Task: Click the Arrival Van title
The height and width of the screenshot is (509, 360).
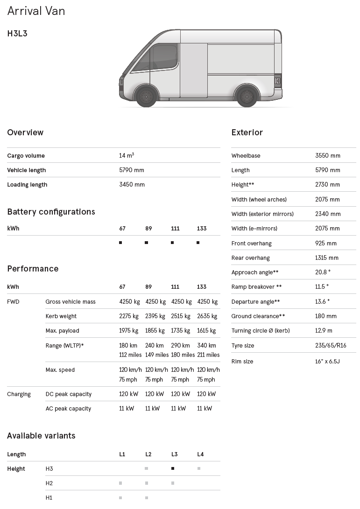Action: (x=36, y=11)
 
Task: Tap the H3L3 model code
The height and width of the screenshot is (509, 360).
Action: (x=17, y=34)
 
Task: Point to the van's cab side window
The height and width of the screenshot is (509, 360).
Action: (x=155, y=58)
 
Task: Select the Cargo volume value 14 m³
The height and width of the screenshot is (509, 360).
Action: (x=127, y=156)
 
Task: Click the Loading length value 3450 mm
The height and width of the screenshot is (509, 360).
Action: (x=132, y=185)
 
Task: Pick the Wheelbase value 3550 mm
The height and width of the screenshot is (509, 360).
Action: (x=327, y=156)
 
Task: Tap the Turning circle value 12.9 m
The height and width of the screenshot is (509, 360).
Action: (x=324, y=331)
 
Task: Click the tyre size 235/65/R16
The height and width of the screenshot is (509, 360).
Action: (x=331, y=346)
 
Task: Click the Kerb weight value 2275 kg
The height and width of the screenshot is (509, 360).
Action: (x=129, y=316)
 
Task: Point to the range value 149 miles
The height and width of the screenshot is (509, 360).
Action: (x=157, y=355)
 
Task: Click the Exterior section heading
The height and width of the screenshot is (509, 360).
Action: (x=247, y=132)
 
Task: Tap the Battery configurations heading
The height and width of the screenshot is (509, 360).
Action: (x=51, y=212)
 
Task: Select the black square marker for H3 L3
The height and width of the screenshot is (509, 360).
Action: (x=173, y=468)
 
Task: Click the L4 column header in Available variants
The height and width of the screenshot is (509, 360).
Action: (x=200, y=454)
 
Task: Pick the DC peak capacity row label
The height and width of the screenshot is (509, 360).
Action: (x=68, y=394)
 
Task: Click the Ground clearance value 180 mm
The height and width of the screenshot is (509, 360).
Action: (x=326, y=316)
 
